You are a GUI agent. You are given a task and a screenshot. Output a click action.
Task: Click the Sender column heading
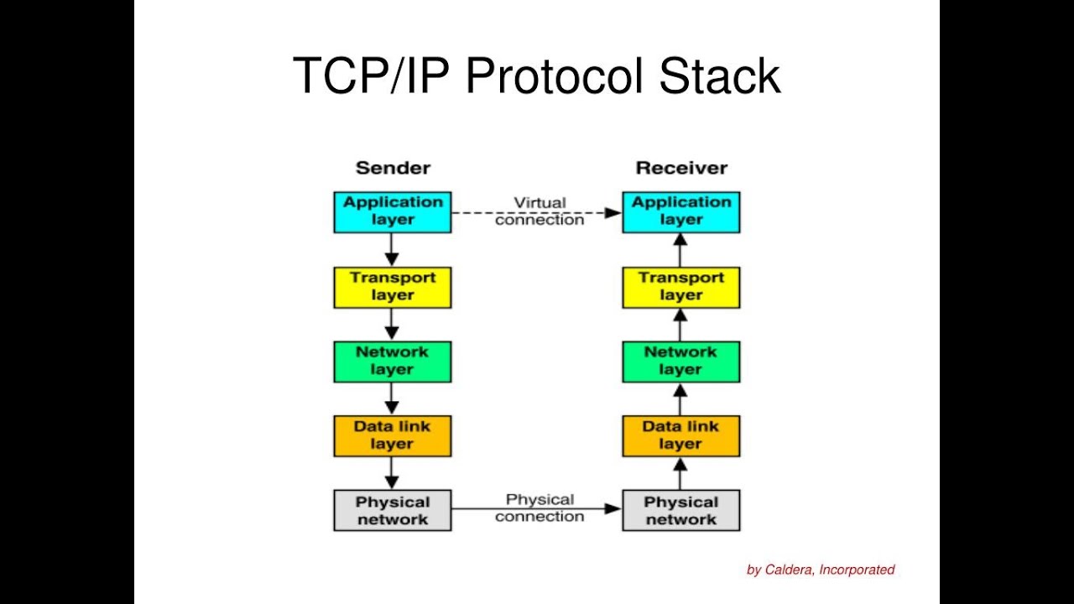[393, 168]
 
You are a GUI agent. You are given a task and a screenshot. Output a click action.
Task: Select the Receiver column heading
[681, 168]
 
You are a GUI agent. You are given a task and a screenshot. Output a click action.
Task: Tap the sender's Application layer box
[393, 212]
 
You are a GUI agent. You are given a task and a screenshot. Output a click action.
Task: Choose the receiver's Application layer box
[681, 212]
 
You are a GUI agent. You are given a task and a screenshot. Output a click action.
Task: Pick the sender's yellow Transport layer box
[393, 287]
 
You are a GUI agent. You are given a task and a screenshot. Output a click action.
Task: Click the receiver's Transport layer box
[681, 287]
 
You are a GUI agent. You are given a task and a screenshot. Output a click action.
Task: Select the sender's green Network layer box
[393, 362]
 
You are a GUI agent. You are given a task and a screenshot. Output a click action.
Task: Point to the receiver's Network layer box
[681, 362]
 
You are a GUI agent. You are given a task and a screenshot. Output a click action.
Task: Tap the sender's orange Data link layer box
[393, 436]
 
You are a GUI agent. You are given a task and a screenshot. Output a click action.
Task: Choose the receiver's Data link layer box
[681, 436]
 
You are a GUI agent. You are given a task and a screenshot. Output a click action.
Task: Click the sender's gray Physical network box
[393, 510]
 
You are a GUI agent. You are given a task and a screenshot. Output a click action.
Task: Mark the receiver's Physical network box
[681, 510]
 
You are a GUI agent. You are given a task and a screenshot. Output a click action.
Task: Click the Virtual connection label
[540, 211]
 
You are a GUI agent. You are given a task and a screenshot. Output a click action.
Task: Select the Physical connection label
[540, 508]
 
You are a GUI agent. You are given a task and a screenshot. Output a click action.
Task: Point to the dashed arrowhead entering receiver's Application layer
[613, 213]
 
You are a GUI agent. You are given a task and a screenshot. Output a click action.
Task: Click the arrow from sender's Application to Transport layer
[392, 250]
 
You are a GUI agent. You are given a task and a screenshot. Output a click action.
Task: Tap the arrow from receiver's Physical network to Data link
[680, 473]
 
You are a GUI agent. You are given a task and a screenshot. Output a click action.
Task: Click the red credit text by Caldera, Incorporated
[821, 570]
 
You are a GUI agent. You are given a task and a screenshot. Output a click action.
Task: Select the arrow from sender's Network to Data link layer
[392, 398]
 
